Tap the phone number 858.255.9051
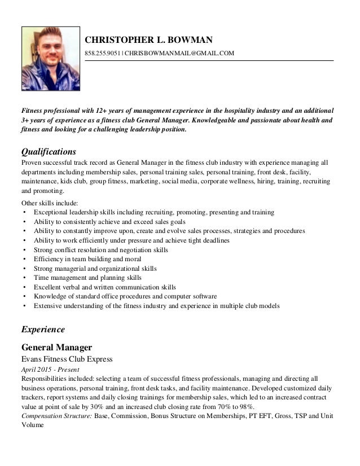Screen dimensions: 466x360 click(102, 53)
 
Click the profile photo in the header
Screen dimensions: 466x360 click(51, 59)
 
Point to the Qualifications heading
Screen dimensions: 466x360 click(49, 152)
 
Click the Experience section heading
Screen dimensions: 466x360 click(43, 329)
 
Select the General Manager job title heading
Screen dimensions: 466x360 click(56, 346)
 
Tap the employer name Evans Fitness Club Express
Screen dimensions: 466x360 click(67, 359)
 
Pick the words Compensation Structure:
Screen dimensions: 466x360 click(56, 416)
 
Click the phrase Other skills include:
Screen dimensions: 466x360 click(50, 203)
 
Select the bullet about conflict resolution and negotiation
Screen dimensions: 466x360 click(101, 250)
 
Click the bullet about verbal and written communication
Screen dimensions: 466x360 click(105, 287)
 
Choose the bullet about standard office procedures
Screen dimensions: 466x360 click(125, 297)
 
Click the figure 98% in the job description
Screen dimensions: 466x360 click(245, 407)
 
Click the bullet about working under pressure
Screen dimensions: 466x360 click(131, 240)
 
